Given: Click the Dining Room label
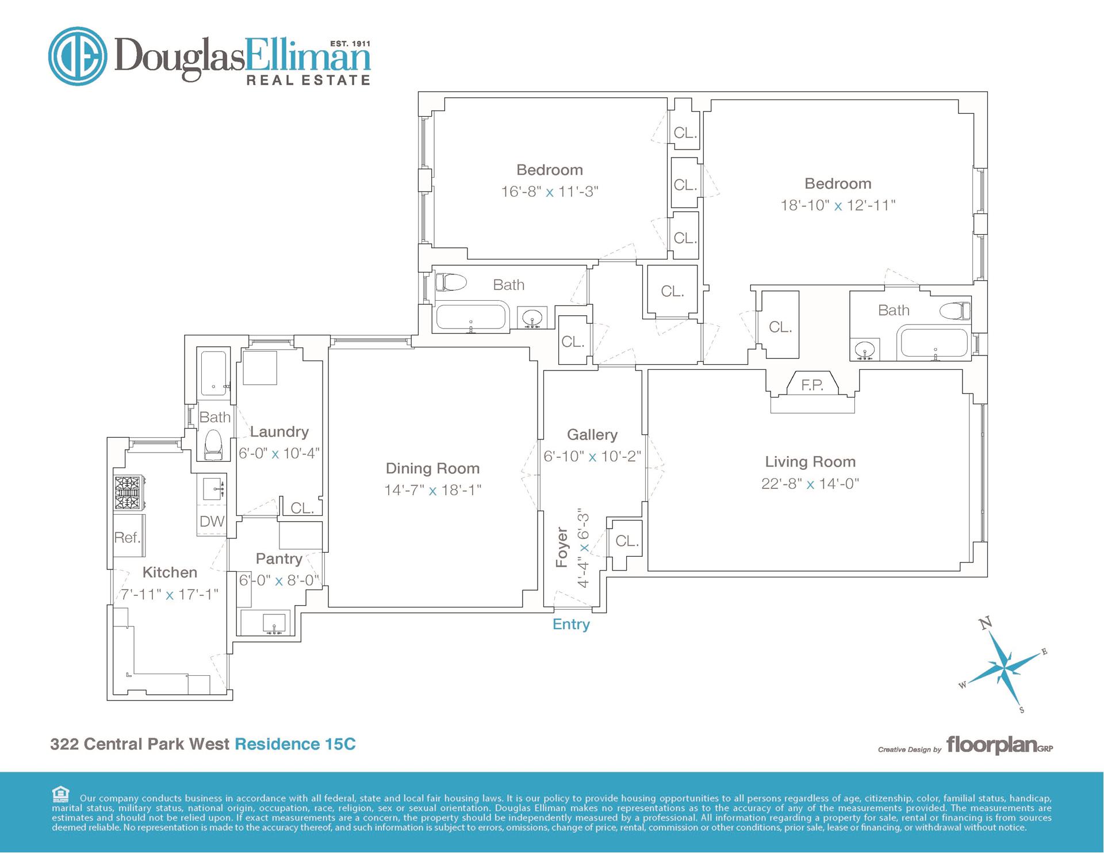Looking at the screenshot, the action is point(432,469).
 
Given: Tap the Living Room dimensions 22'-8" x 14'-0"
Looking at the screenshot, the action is point(810,484).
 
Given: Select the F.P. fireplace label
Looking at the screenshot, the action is point(812,385).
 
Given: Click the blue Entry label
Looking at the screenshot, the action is point(571,625).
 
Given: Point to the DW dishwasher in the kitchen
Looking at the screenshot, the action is point(212,521).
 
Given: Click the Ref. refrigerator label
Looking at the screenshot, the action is point(127,538).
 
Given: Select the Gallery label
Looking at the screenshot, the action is point(592,435).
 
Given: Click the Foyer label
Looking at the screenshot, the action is point(562,548).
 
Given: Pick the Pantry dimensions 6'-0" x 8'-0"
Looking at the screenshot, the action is point(279,580).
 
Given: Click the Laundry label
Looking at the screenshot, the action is point(279,432).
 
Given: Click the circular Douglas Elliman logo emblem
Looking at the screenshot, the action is point(78,56).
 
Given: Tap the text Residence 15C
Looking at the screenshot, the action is point(296,744).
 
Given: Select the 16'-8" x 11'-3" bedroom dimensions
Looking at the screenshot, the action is point(550,192).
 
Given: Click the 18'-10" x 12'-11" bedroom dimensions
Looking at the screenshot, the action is point(838,205).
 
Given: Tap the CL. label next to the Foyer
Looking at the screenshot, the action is point(627,541).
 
